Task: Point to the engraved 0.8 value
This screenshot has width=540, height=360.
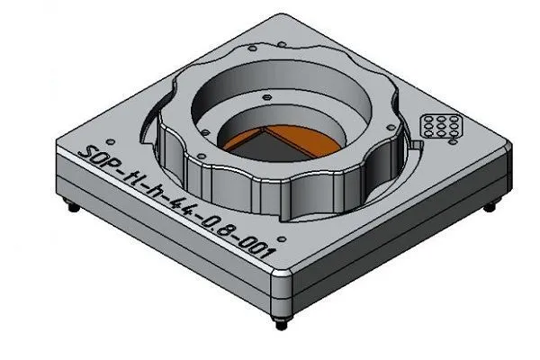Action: click(x=225, y=232)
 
